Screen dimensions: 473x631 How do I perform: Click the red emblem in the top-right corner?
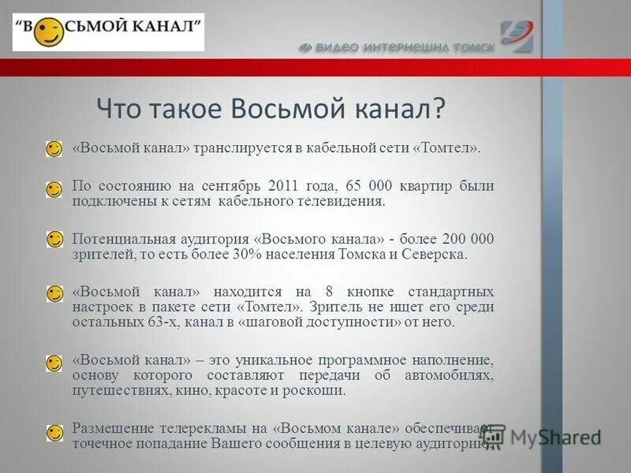point(517,35)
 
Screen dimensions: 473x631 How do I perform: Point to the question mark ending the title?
point(439,108)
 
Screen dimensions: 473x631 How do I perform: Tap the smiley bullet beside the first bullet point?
point(54,149)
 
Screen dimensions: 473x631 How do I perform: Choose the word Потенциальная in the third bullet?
point(119,240)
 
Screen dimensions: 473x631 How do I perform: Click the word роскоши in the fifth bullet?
point(318,390)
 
